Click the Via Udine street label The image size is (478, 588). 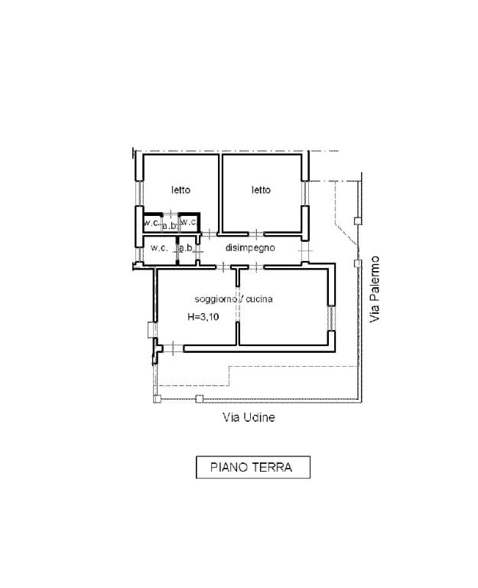[249, 417]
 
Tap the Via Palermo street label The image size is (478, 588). [374, 289]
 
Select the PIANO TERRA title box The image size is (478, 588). [253, 467]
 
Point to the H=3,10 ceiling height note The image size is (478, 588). [203, 317]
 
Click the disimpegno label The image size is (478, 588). [250, 248]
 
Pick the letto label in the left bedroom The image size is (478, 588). [181, 190]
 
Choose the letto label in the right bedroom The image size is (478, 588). [261, 190]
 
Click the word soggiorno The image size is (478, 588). [216, 299]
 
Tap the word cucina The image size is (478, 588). [259, 299]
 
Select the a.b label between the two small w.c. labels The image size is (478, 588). [169, 226]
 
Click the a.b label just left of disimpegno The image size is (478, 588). [186, 248]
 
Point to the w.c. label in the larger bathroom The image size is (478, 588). [159, 248]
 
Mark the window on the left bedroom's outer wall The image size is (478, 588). [139, 193]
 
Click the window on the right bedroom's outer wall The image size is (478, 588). [305, 193]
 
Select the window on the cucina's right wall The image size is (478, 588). [331, 318]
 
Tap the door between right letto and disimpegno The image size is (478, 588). [256, 234]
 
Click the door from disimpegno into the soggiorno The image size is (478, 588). [256, 267]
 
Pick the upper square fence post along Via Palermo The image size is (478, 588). [358, 220]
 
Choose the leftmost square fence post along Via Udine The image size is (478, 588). [158, 399]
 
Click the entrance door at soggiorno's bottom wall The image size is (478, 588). [173, 348]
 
